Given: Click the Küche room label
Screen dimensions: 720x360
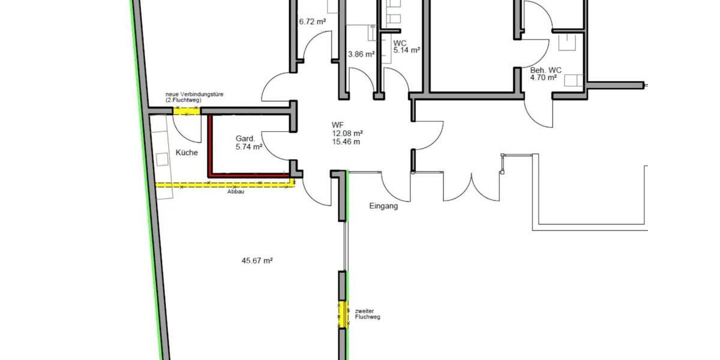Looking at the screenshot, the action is (187, 152).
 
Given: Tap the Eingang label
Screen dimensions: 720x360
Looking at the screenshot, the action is (383, 206).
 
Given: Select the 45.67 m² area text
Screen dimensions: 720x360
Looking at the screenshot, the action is (257, 260).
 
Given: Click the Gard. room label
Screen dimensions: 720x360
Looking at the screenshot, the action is (245, 139).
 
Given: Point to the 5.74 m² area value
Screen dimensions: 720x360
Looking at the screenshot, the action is (249, 147).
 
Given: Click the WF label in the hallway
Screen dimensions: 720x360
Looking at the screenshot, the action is (337, 125).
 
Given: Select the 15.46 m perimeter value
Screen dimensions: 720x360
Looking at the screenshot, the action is (346, 142).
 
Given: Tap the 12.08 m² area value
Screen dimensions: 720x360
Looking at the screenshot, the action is (347, 133).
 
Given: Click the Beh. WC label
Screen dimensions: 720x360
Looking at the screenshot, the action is (546, 70).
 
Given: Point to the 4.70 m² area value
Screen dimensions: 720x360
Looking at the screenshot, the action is (544, 77).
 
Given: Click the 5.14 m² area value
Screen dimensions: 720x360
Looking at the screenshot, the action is (407, 50).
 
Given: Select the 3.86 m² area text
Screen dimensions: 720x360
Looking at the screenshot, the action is (361, 54).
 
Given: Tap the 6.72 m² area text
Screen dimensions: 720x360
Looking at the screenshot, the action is (313, 22).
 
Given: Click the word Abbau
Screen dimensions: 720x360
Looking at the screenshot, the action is (236, 191).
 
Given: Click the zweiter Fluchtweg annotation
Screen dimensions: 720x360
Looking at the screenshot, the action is (367, 314).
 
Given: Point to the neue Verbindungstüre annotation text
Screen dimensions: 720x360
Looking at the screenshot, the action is (194, 97).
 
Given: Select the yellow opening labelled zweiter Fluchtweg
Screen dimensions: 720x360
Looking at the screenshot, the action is (343, 314).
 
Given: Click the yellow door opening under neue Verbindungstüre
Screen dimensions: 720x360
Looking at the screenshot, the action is (187, 111).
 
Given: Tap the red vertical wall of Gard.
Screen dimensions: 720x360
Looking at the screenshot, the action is (210, 146).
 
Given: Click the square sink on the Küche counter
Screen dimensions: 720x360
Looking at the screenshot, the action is (162, 160).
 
